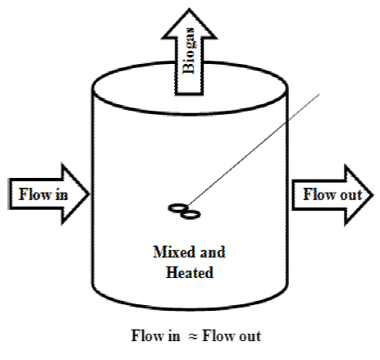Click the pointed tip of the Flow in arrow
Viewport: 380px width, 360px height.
pos(89,194)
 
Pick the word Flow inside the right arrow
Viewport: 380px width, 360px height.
pos(317,194)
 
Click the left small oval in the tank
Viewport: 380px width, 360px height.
pos(176,209)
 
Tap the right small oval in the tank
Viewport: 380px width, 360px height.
pos(190,215)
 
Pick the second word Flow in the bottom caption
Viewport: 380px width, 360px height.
pos(216,336)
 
